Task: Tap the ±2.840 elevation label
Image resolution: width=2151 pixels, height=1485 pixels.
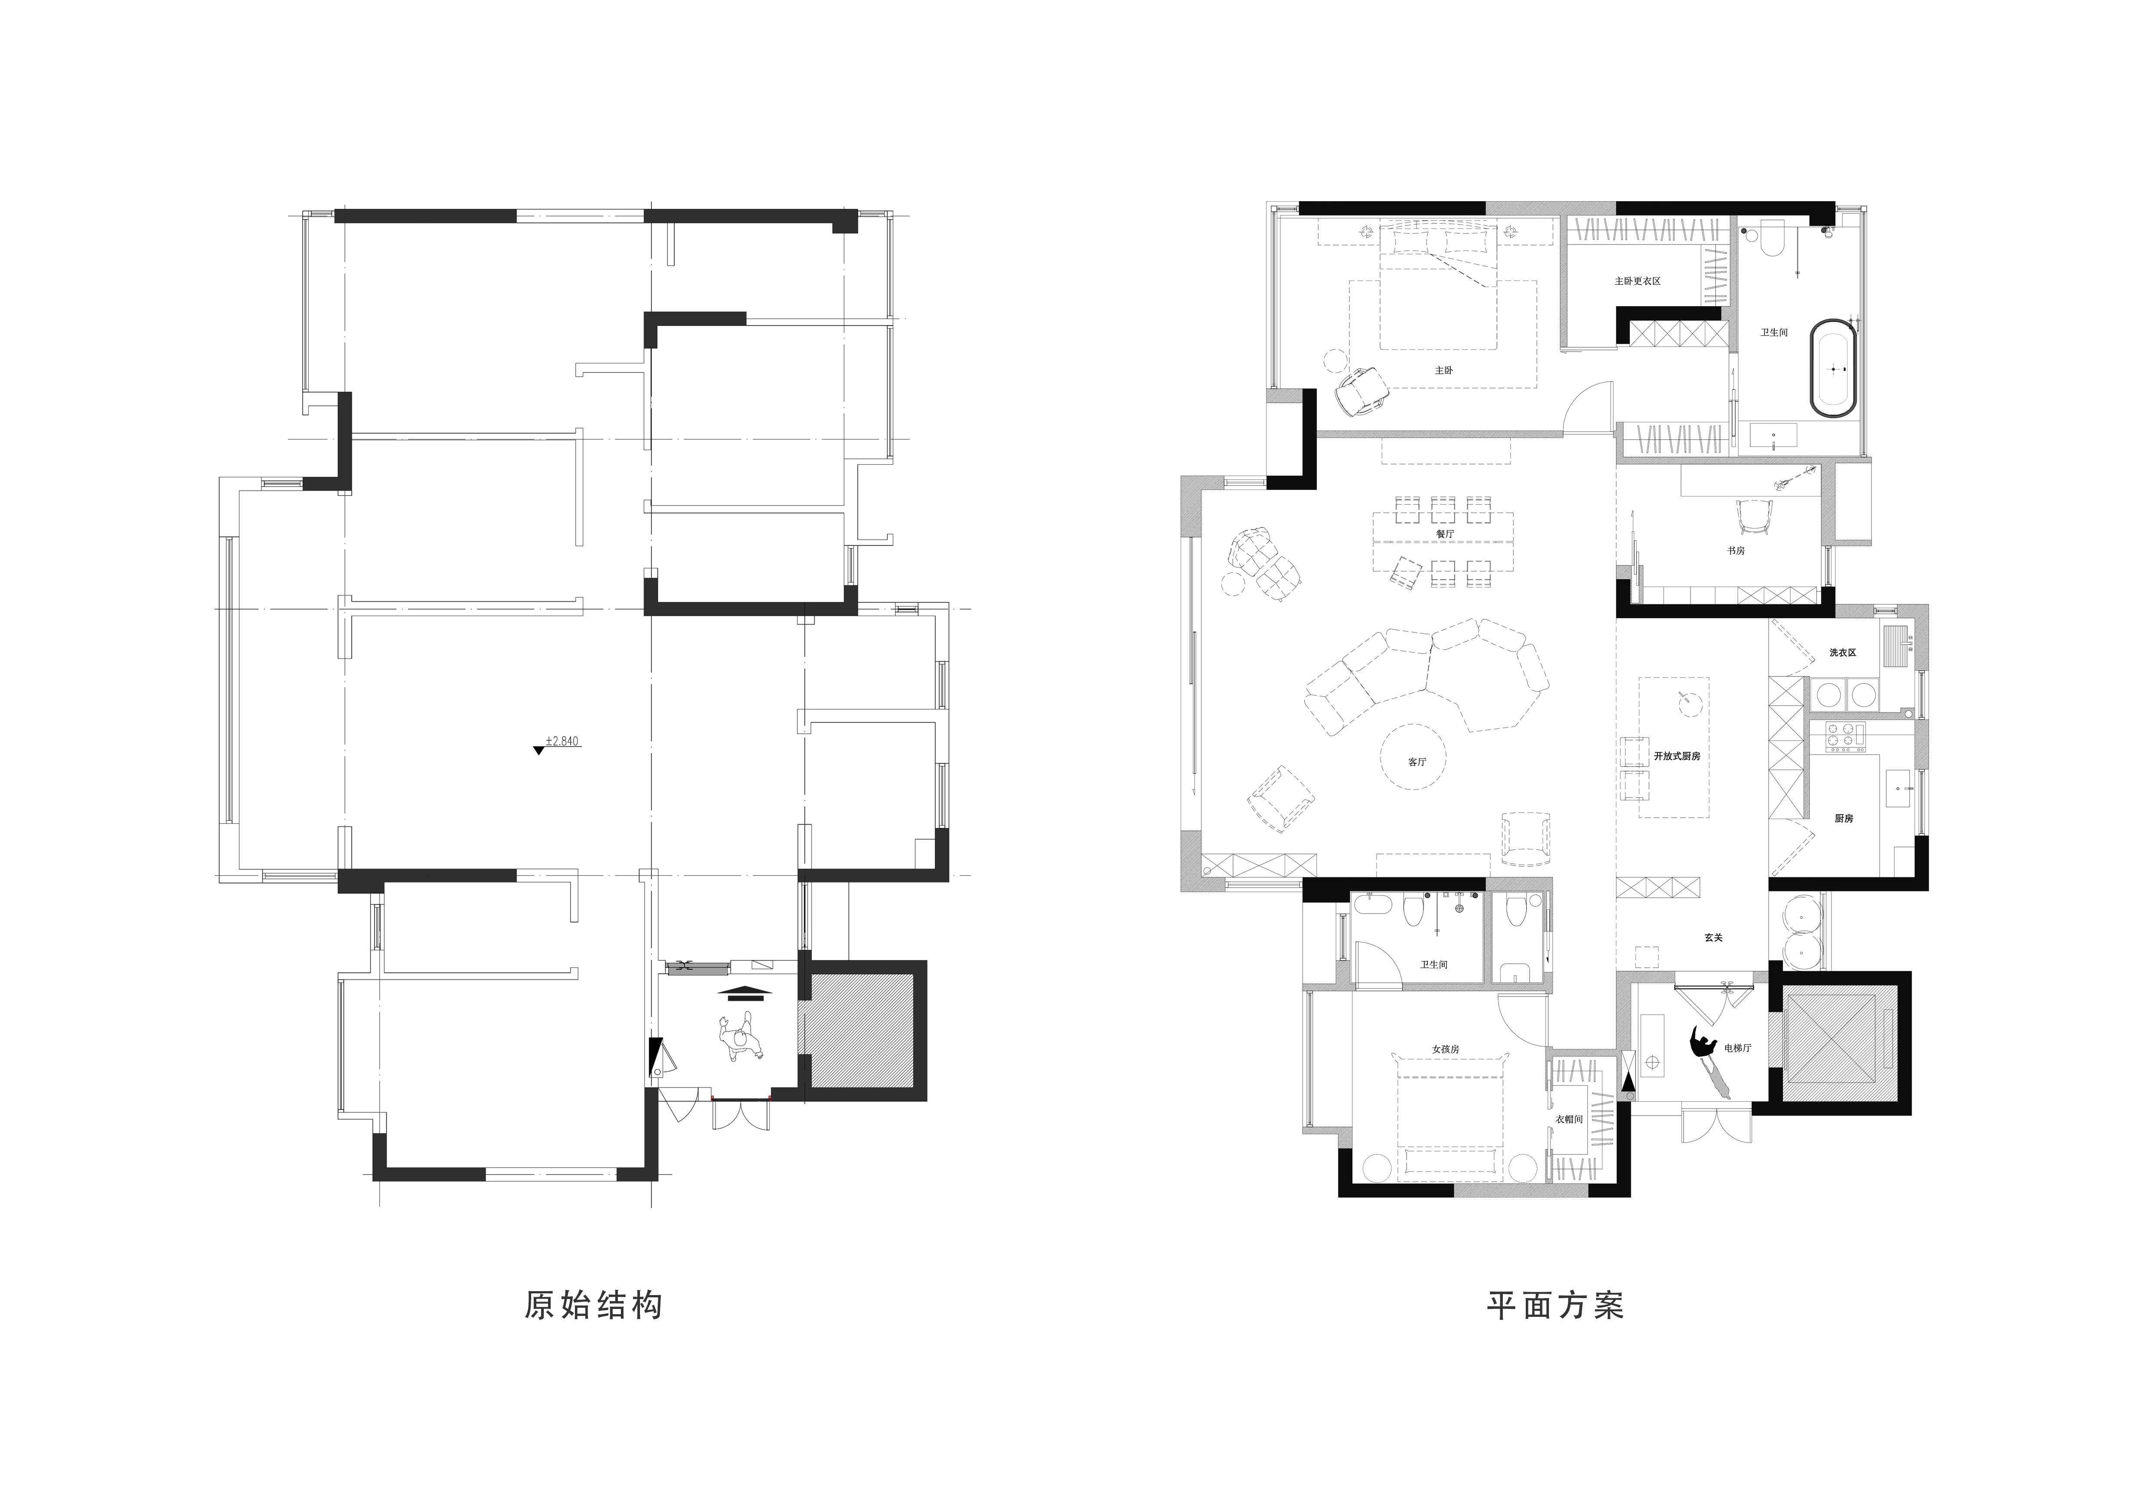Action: [562, 741]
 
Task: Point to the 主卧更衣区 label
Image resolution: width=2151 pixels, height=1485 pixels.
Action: [1638, 281]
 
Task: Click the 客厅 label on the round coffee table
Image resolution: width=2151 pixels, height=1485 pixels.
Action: [1417, 762]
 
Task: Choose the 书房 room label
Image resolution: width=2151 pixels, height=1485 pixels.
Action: [1736, 551]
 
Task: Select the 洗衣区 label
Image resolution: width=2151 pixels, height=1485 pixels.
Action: [1843, 653]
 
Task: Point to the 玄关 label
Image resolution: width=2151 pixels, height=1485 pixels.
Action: [1714, 938]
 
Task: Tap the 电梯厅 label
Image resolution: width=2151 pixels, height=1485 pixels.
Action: [1738, 1048]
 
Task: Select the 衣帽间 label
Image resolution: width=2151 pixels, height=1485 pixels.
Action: [1570, 1119]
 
